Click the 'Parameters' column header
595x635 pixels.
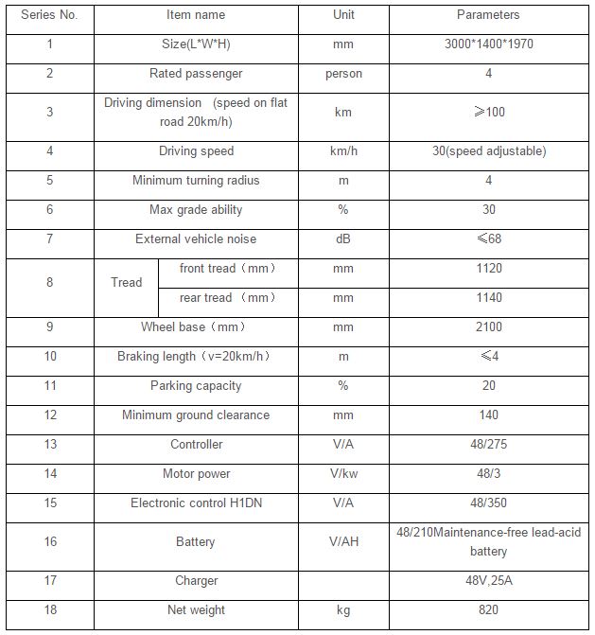pyautogui.click(x=488, y=15)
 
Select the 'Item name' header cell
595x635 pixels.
pyautogui.click(x=196, y=15)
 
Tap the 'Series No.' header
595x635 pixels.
pyautogui.click(x=49, y=15)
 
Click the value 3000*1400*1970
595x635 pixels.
pyautogui.click(x=488, y=44)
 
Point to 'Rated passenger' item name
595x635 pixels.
pyautogui.click(x=196, y=74)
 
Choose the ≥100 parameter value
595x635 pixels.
pyautogui.click(x=488, y=112)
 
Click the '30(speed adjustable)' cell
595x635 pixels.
pyautogui.click(x=488, y=151)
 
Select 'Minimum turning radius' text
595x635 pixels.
pyautogui.click(x=196, y=181)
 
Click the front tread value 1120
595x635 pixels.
pyautogui.click(x=488, y=269)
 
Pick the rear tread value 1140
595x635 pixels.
pyautogui.click(x=488, y=298)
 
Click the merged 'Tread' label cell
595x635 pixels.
pyautogui.click(x=126, y=282)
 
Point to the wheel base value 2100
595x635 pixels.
pyautogui.click(x=488, y=327)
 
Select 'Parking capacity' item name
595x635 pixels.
pyautogui.click(x=196, y=386)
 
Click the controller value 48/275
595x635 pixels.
pyautogui.click(x=488, y=445)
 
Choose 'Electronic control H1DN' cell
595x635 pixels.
pyautogui.click(x=196, y=503)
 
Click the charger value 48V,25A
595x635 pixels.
pyautogui.click(x=488, y=581)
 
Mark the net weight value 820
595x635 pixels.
pyautogui.click(x=488, y=610)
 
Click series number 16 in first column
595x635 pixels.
pyautogui.click(x=49, y=542)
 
